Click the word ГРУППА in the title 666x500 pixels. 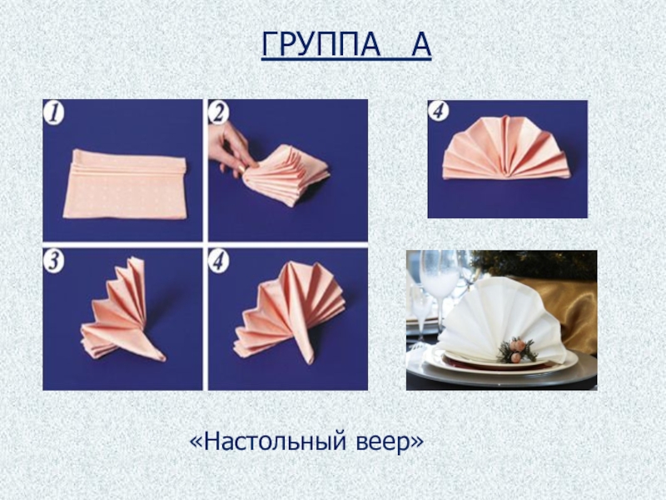click(x=321, y=44)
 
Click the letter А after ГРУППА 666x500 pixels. click(x=421, y=44)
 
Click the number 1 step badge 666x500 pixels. click(x=53, y=114)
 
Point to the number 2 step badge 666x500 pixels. click(x=219, y=113)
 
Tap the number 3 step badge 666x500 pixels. click(x=53, y=261)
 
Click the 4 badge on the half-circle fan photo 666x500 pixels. click(x=439, y=112)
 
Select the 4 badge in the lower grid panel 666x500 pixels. click(x=219, y=261)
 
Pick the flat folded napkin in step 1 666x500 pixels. click(x=126, y=185)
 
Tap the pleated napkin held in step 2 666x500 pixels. click(x=286, y=174)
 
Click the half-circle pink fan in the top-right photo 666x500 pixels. click(x=506, y=148)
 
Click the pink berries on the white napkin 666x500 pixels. click(x=517, y=350)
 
